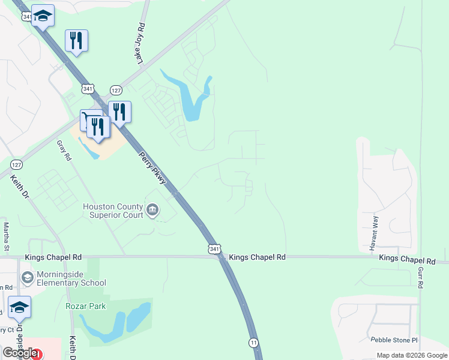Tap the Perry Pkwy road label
[152, 163]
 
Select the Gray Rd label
[64, 151]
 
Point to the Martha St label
[7, 236]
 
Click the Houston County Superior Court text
[113, 211]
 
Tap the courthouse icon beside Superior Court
[152, 209]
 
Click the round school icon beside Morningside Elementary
[27, 277]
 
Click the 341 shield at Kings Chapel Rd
[215, 248]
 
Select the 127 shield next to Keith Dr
[16, 164]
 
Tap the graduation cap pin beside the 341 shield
[43, 16]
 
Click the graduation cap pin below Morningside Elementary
[19, 308]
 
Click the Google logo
[19, 353]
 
